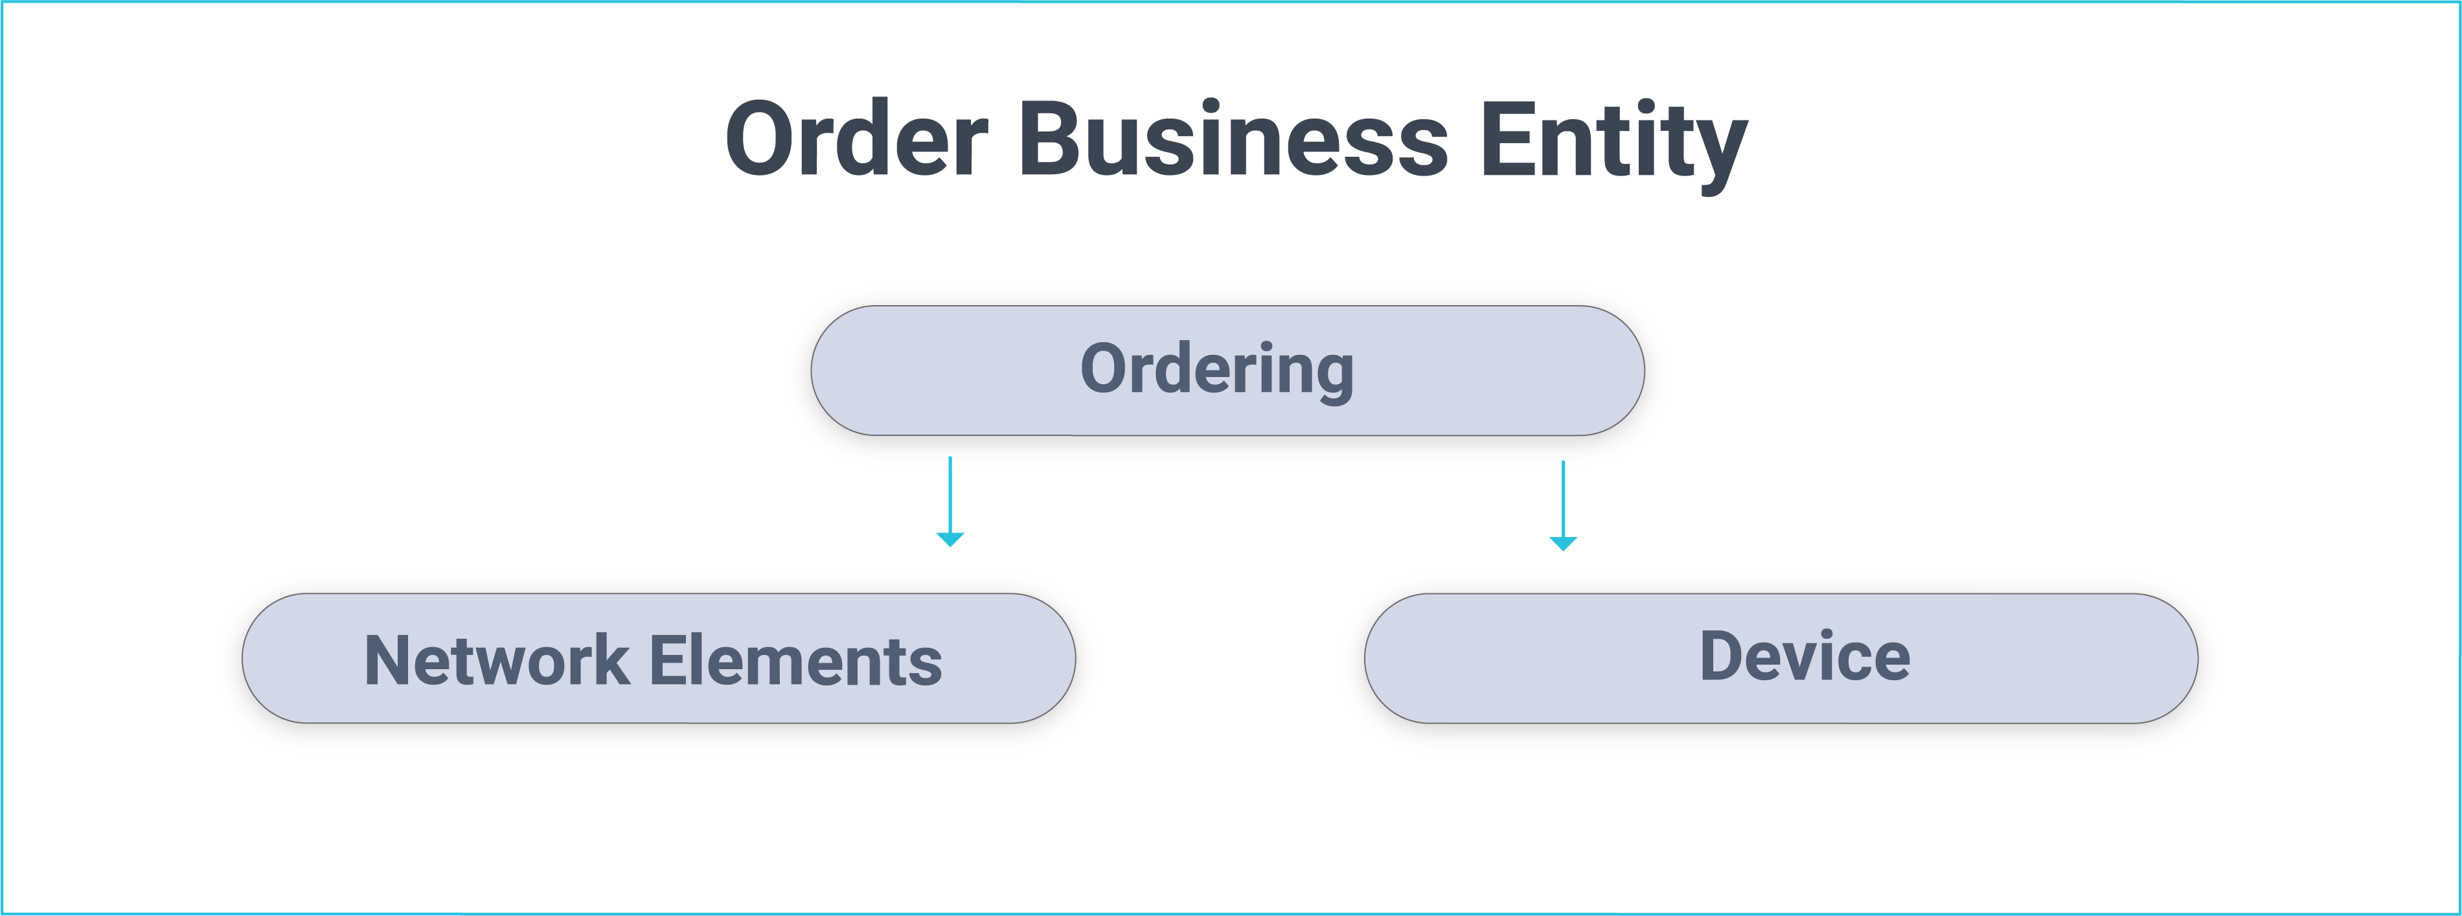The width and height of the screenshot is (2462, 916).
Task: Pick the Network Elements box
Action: point(657,661)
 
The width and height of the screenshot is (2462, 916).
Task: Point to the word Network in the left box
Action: point(497,661)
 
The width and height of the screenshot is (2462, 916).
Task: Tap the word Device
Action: point(1805,657)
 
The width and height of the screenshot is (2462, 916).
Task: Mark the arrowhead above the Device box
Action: point(1563,544)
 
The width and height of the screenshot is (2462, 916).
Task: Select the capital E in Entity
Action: point(1507,139)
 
